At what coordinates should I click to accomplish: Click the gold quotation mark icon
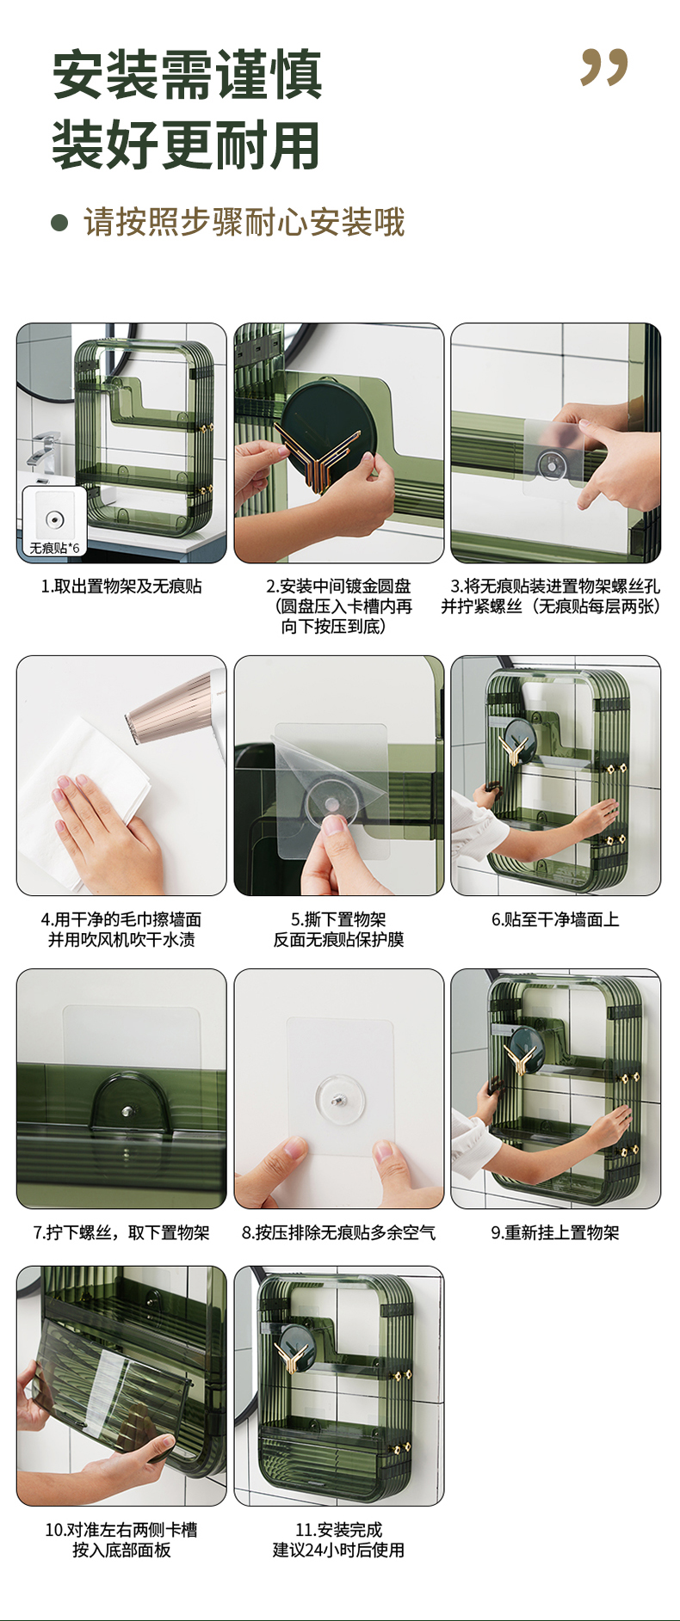click(x=604, y=67)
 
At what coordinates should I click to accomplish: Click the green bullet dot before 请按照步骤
click(x=59, y=224)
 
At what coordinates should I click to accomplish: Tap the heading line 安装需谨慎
click(x=187, y=76)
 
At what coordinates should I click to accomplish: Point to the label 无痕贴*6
click(x=54, y=548)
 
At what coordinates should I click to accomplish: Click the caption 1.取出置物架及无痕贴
click(x=121, y=586)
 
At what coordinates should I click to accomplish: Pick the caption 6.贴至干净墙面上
click(x=555, y=920)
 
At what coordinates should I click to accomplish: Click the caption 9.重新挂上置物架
click(x=555, y=1233)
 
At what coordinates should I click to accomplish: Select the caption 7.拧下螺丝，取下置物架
click(x=121, y=1233)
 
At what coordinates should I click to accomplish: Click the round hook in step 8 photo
click(x=340, y=1098)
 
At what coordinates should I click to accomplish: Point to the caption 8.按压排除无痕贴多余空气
click(x=339, y=1233)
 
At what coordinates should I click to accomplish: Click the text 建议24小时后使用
click(x=339, y=1550)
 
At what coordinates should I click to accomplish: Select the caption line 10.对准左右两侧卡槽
click(x=121, y=1530)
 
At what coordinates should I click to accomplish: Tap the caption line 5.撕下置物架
click(x=339, y=920)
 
